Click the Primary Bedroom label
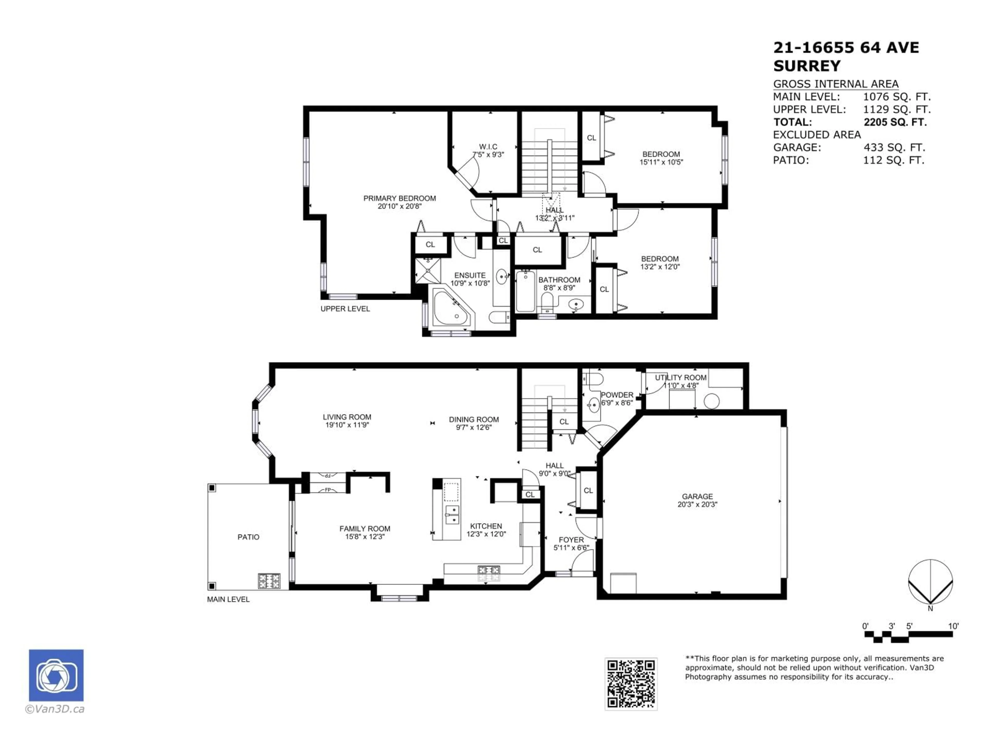399,198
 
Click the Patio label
248,537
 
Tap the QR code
631,684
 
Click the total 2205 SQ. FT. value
895,122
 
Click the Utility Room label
680,377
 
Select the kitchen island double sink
452,515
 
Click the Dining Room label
474,420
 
